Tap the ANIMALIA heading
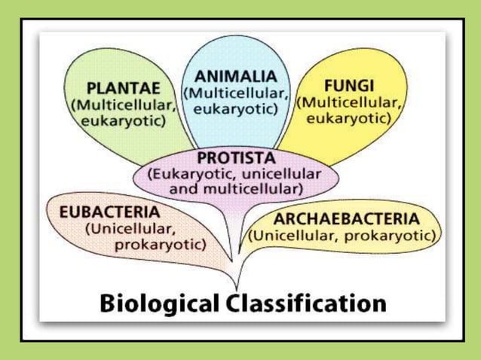[x=236, y=76]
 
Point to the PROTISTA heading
[x=236, y=158]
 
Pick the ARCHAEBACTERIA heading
[x=345, y=219]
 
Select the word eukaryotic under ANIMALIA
[x=236, y=109]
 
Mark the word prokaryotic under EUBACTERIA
[x=160, y=244]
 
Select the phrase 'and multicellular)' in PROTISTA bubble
[x=236, y=188]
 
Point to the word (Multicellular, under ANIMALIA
[x=236, y=93]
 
